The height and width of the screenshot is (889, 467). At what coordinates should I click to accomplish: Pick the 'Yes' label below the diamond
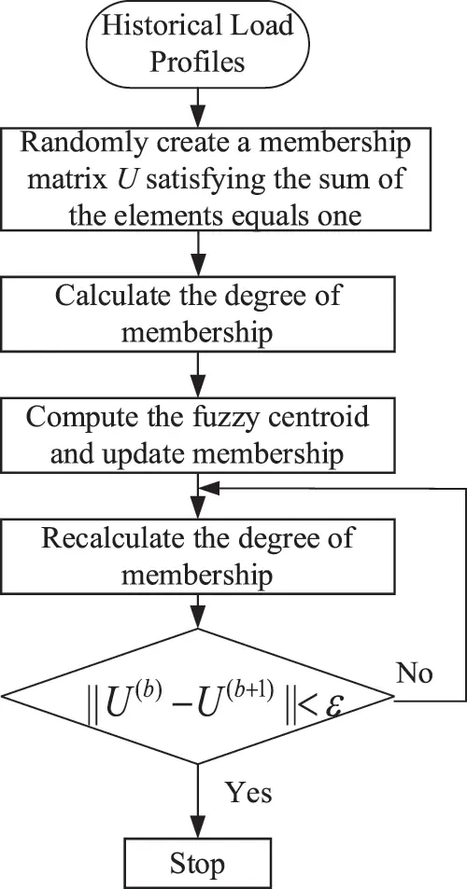point(248,792)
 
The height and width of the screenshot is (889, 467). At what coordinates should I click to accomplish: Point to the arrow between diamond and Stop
point(198,793)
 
